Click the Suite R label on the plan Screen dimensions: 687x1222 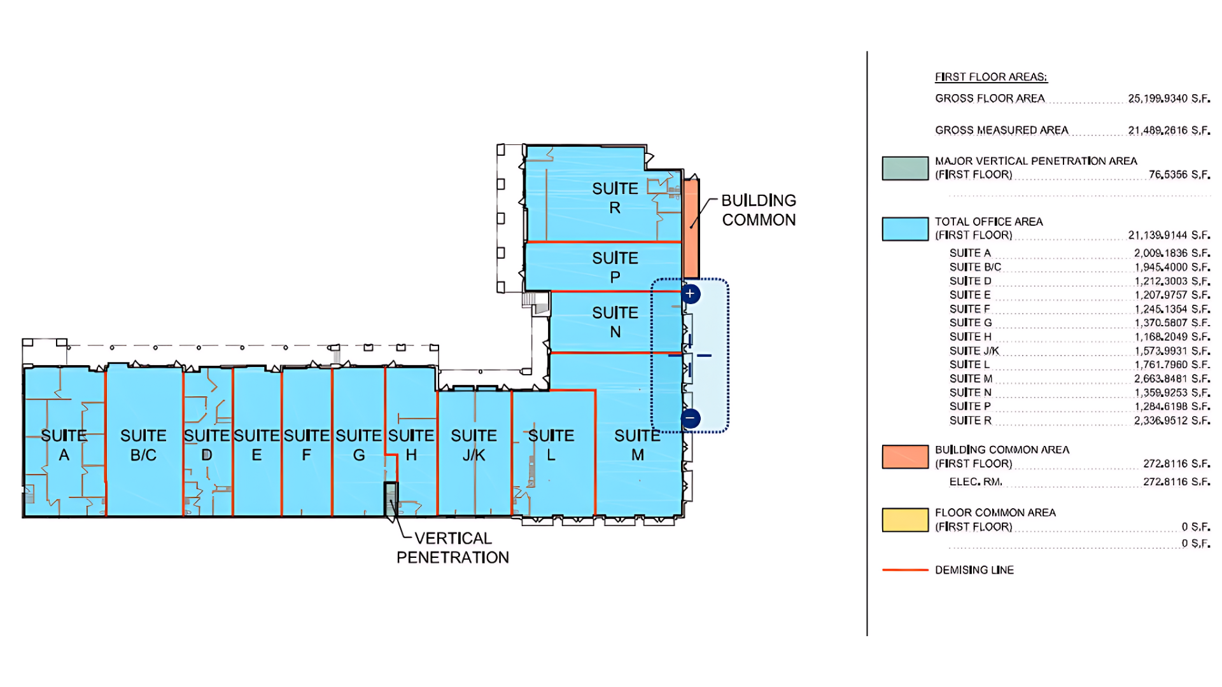tap(615, 198)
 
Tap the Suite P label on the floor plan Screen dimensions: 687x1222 tap(615, 267)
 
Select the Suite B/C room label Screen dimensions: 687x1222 tap(143, 445)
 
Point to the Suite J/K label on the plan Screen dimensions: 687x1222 tap(474, 445)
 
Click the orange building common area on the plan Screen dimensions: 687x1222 tap(691, 228)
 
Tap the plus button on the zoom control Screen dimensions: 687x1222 tap(691, 294)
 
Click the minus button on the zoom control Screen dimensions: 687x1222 tap(691, 418)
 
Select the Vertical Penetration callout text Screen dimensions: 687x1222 tap(453, 548)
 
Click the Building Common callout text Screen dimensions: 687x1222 tap(759, 210)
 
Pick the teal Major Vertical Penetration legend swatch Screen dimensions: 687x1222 tap(905, 169)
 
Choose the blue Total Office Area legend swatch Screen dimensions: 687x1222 tap(905, 229)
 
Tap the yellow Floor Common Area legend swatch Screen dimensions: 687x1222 tap(905, 520)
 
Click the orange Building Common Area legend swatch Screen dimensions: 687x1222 tap(905, 457)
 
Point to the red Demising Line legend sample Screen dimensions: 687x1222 tap(905, 570)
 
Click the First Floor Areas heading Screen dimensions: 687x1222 tap(991, 77)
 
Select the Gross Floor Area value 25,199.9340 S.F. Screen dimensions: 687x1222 tap(1169, 99)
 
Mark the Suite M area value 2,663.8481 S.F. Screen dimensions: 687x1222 tap(1172, 378)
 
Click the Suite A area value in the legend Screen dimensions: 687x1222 tap(1172, 253)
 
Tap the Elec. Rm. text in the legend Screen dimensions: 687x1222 tap(976, 482)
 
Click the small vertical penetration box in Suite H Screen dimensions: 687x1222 tap(391, 499)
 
